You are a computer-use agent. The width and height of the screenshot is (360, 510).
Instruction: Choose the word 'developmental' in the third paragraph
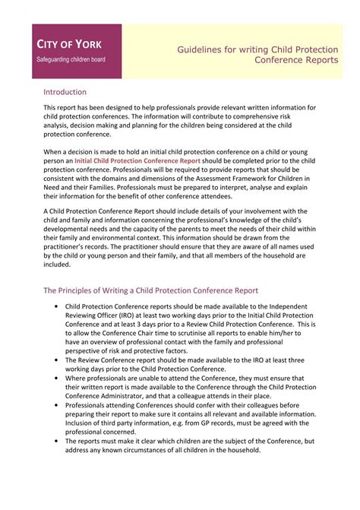69,228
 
